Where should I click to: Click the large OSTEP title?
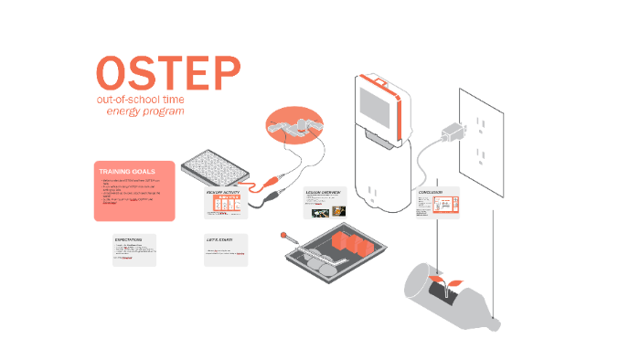(x=168, y=73)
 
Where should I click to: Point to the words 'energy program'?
(x=145, y=111)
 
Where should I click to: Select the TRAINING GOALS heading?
(x=127, y=171)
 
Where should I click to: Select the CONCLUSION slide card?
(x=438, y=204)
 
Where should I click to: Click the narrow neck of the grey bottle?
(x=494, y=321)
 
